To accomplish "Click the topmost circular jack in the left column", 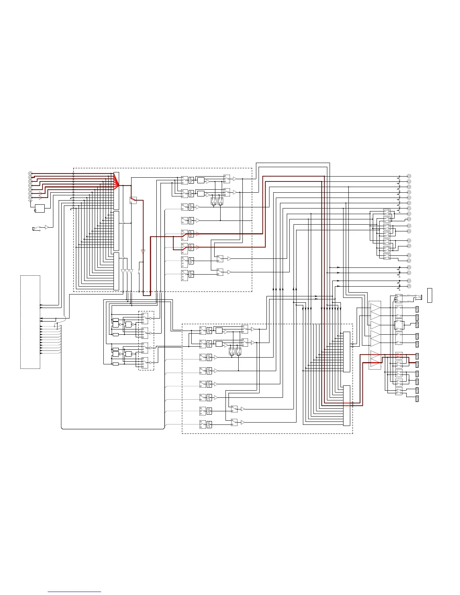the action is point(30,174).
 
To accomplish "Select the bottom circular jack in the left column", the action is point(30,197).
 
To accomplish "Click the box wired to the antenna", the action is point(39,208).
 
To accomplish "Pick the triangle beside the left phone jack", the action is point(47,227).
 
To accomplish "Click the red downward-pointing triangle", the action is point(143,251).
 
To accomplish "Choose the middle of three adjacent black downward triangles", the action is point(127,271).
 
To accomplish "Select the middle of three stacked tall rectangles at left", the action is point(116,231).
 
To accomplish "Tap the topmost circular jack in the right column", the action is point(409,176).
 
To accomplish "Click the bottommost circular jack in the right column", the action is point(409,286).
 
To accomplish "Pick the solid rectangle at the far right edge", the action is point(430,295).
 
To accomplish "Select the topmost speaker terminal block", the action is point(417,309).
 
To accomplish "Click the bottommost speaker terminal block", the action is point(417,399).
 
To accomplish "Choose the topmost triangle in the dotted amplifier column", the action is point(375,308).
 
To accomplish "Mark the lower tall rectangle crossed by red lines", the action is point(347,405).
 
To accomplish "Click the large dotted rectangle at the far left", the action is point(30,322).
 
